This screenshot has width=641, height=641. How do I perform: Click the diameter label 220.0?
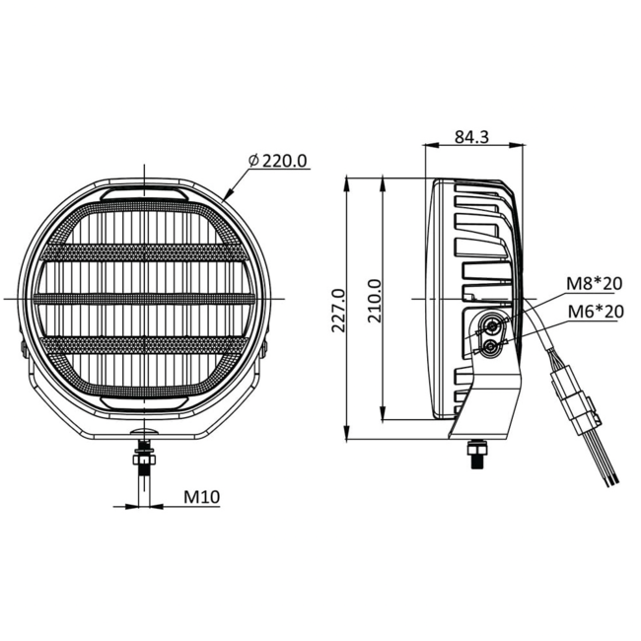click(x=278, y=160)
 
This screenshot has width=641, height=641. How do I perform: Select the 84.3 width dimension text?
click(x=472, y=137)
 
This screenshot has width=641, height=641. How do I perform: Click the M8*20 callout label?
click(x=594, y=284)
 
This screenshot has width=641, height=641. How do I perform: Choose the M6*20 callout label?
click(x=594, y=313)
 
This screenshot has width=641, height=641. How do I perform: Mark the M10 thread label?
click(x=201, y=497)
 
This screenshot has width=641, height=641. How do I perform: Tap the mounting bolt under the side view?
click(x=477, y=454)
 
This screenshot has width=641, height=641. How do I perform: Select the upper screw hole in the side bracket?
click(x=491, y=326)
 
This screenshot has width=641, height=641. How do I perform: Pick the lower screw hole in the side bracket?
click(x=490, y=345)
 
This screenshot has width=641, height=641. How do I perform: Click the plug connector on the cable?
click(x=575, y=399)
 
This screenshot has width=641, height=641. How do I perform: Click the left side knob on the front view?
click(x=22, y=347)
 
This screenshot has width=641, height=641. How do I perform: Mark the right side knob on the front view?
click(x=267, y=347)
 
